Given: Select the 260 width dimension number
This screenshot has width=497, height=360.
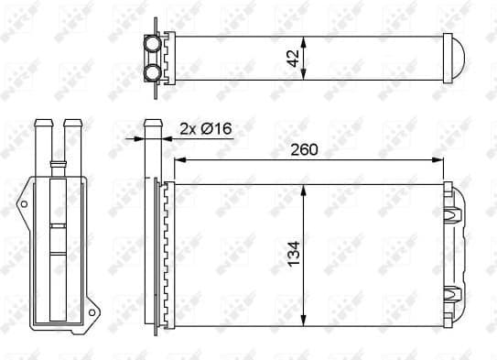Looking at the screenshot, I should click(x=307, y=149).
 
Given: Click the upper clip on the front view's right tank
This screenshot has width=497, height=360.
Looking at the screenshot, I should click(x=450, y=214).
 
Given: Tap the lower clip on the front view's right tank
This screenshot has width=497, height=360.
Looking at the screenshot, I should click(x=450, y=293).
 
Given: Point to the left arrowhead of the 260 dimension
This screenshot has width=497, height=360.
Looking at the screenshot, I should click(x=178, y=161).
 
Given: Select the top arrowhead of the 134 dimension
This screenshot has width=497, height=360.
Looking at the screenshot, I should click(x=304, y=189).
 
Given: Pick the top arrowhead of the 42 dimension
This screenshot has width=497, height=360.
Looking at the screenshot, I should click(x=304, y=39).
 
